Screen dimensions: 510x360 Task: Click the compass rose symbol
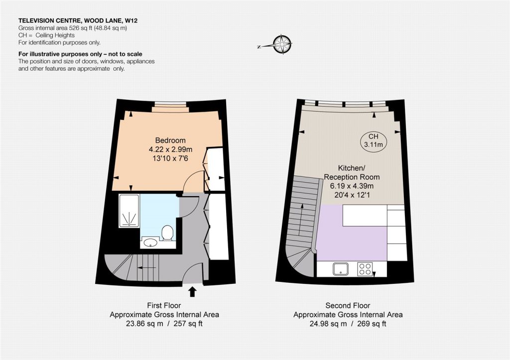tap(282, 44)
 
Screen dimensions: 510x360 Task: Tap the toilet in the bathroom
tap(167, 233)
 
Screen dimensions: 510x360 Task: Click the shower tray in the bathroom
tap(129, 211)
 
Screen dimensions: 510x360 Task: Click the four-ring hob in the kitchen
tap(365, 269)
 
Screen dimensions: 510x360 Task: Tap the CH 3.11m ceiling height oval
tap(373, 141)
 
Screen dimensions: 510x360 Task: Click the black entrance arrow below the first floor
tap(193, 291)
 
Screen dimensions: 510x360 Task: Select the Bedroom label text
tap(170, 140)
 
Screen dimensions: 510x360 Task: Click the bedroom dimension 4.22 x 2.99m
tap(170, 149)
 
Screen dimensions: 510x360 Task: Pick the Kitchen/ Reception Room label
tap(352, 173)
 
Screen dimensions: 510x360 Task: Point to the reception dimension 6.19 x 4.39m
tap(352, 186)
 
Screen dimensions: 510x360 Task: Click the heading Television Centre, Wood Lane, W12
tap(78, 21)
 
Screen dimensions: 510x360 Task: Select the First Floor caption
tap(164, 306)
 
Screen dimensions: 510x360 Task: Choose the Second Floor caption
tap(348, 306)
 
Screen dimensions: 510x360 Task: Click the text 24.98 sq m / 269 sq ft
tap(348, 324)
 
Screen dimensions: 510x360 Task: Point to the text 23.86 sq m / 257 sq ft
tap(164, 324)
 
